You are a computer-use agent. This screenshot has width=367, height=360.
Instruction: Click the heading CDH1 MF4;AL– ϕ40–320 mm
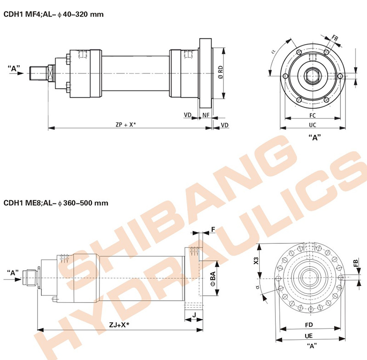coord(54,14)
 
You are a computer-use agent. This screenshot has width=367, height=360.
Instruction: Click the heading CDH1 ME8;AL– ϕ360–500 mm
coord(56,202)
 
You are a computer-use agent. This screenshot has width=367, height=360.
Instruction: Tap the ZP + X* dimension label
coord(126,124)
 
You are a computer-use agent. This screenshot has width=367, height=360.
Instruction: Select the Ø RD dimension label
coord(220,72)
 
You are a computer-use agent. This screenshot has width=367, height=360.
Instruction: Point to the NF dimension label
coord(206,115)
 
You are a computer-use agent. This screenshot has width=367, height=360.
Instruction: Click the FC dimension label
coord(312,115)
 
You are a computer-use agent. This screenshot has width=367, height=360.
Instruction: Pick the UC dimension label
coord(312,125)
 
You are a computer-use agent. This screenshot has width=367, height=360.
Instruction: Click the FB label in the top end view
coord(335,38)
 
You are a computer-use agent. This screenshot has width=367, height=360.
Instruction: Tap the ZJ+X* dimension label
coord(119,325)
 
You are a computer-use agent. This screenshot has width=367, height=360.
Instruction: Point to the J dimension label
coord(194,315)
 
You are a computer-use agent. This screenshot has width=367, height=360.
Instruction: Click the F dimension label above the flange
coord(213,229)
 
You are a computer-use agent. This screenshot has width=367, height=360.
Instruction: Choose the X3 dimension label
coord(256,261)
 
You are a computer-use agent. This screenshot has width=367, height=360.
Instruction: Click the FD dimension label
coord(309,325)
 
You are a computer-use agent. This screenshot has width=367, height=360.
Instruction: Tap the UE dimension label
coord(308,336)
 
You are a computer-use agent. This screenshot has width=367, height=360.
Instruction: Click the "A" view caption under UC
coord(315,137)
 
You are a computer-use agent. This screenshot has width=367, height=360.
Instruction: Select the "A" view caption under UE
coord(311,346)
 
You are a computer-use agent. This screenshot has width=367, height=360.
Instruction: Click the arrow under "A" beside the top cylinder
coord(17,73)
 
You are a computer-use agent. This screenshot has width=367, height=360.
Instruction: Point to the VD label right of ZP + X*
coord(224,125)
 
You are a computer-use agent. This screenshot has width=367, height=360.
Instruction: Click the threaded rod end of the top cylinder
coord(39,73)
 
